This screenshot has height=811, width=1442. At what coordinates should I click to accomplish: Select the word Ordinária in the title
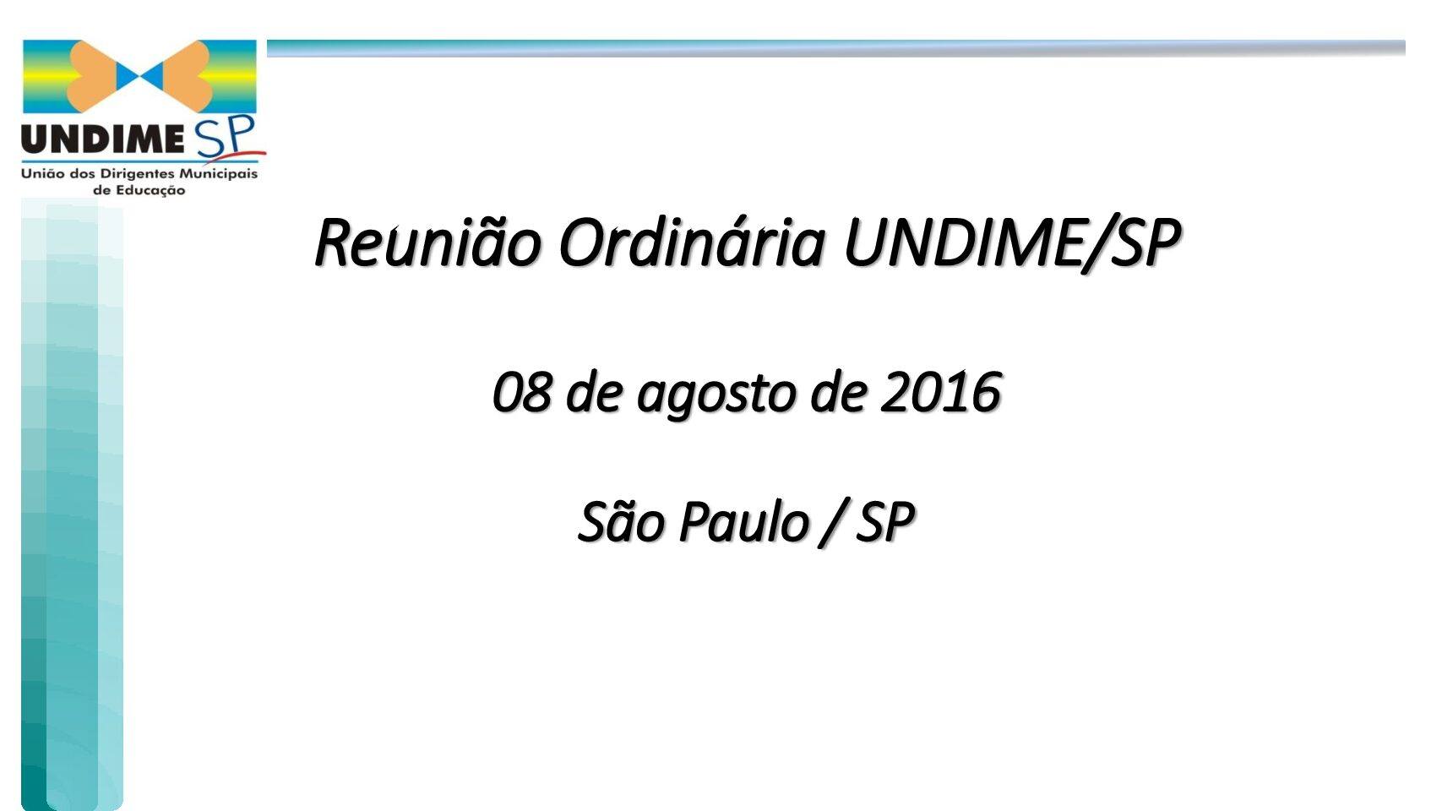[x=692, y=242]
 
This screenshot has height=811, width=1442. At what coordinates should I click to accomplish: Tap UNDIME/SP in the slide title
[x=1013, y=243]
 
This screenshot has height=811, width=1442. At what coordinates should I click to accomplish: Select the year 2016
[x=940, y=392]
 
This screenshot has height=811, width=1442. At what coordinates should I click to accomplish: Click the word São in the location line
[x=621, y=521]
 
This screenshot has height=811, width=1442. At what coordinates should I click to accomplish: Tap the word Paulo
[x=744, y=521]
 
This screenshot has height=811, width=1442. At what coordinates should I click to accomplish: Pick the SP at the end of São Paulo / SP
[x=884, y=521]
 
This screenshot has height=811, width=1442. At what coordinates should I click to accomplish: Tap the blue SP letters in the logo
[x=226, y=137]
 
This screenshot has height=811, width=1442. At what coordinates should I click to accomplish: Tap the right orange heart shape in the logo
[x=187, y=76]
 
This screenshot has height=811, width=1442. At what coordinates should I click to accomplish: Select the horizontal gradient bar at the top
[x=836, y=48]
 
